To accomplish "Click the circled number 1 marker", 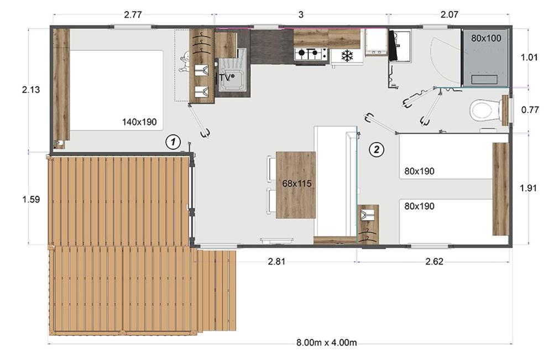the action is (x=173, y=142).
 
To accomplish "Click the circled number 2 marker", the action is (x=377, y=149).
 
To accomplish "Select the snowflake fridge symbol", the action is (x=347, y=56).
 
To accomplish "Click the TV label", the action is (x=224, y=78).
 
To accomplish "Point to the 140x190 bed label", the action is (x=139, y=122).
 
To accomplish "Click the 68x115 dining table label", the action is (x=297, y=184).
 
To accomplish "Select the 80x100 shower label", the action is (x=486, y=38).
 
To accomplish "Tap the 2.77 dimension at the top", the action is (x=133, y=15).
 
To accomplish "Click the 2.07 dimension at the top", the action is (x=450, y=15).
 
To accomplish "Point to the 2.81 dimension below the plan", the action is (x=276, y=262).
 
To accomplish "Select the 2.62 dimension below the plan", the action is (x=434, y=262).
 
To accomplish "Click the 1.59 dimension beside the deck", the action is (x=31, y=200).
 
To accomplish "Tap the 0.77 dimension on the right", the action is (x=530, y=110).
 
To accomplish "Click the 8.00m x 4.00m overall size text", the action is (x=326, y=342).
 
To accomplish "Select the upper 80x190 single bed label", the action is (x=420, y=171).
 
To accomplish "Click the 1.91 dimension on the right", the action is (x=529, y=189).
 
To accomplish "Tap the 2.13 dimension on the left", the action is (x=31, y=90).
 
